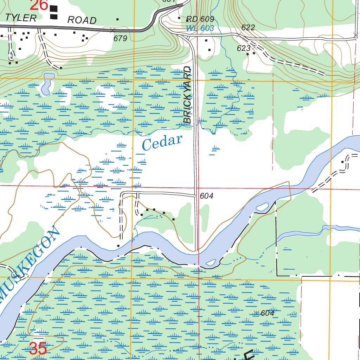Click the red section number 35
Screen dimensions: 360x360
38,349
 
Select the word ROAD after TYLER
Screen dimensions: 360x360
82,20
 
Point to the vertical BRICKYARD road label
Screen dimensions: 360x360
188,95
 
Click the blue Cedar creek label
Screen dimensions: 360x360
162,142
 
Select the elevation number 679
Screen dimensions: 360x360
120,39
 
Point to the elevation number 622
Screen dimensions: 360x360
248,27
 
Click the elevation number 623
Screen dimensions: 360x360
243,49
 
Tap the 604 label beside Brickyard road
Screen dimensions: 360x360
206,196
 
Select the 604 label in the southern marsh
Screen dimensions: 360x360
268,313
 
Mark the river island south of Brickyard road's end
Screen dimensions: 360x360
211,262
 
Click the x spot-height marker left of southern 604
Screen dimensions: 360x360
256,313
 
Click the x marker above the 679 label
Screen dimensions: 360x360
112,30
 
